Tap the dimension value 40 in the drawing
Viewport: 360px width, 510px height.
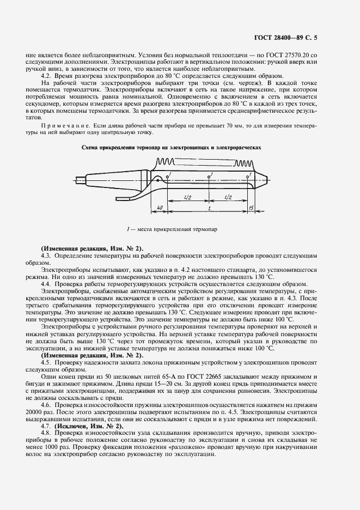159,207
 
